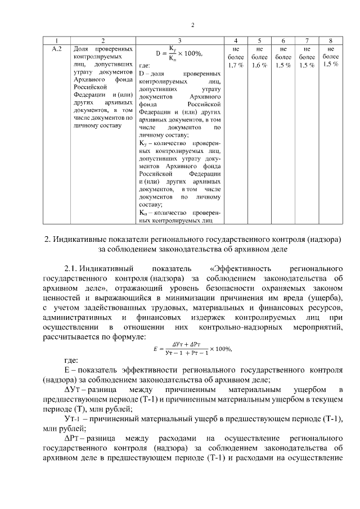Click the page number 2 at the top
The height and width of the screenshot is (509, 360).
[192, 25]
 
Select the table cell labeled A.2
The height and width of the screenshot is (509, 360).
[56, 49]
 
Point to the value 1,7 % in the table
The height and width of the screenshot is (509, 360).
[235, 65]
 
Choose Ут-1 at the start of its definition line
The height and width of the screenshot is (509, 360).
[74, 418]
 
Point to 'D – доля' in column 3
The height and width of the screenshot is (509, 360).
[151, 73]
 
